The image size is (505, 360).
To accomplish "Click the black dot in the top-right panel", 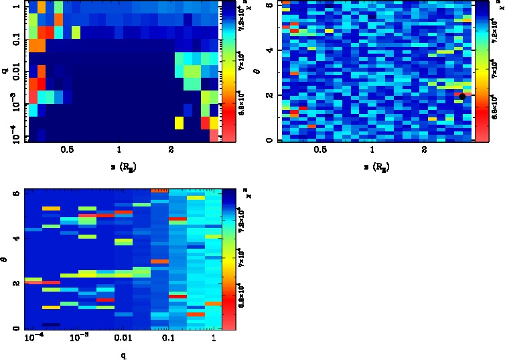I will [x=462, y=97].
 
